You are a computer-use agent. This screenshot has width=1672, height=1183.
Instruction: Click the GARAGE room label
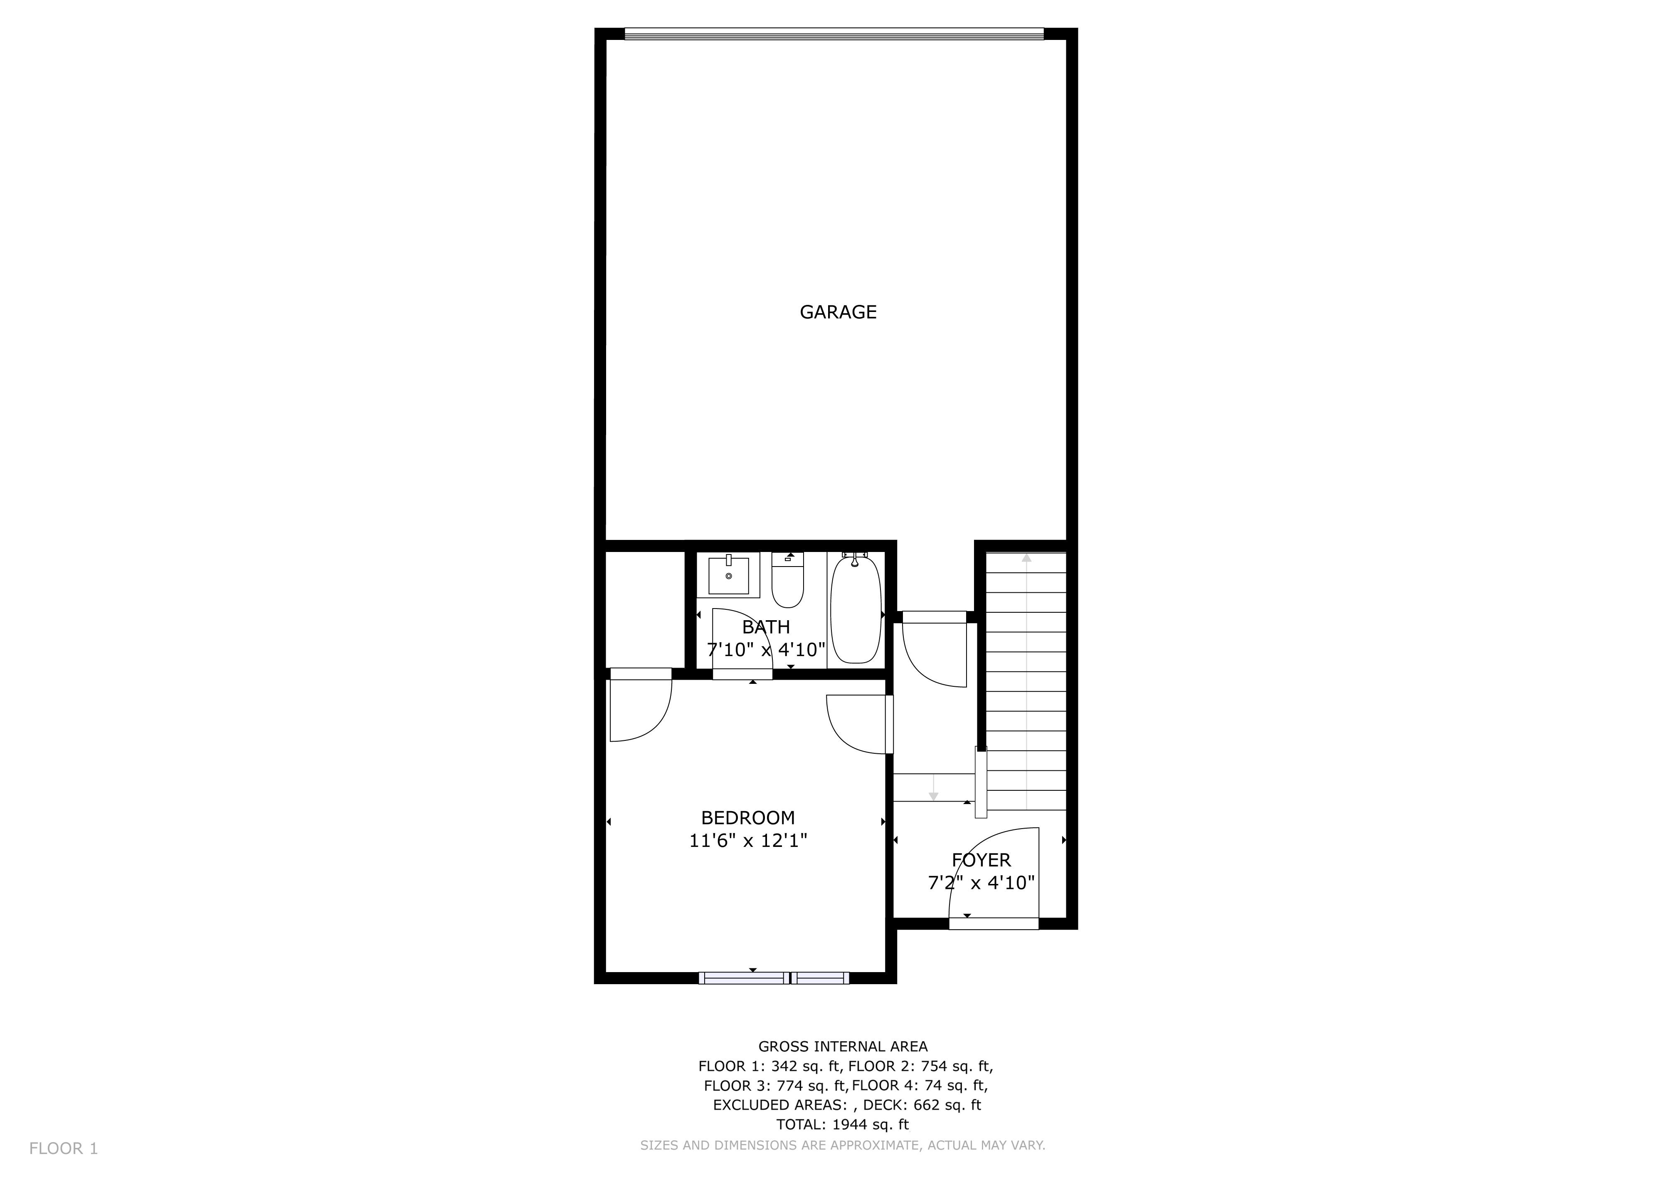(838, 312)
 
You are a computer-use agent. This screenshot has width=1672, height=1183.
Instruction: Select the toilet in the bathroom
(787, 581)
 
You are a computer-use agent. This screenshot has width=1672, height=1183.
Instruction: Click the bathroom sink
(728, 575)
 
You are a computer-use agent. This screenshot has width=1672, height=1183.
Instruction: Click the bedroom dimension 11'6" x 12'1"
(748, 841)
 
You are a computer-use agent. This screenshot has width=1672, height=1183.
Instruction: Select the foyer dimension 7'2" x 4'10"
(981, 883)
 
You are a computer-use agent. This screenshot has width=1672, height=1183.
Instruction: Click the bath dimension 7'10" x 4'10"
(766, 649)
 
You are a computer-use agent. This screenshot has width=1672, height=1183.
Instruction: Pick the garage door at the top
(834, 34)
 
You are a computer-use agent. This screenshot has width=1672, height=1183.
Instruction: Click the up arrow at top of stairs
(1026, 558)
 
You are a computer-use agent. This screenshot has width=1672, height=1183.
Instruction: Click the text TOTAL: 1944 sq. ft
(843, 1124)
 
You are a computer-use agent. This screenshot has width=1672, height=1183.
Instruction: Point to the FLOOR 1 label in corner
(63, 1149)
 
